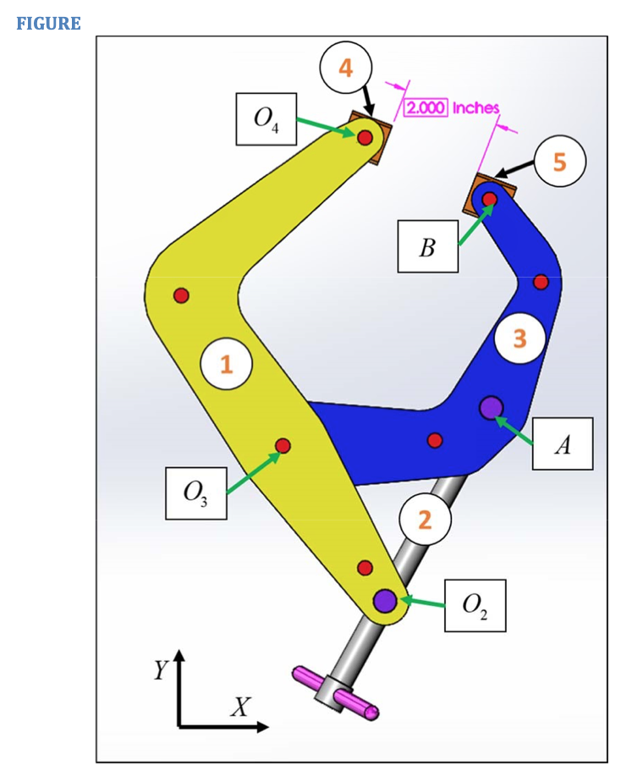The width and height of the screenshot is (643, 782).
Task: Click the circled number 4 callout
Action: point(346,67)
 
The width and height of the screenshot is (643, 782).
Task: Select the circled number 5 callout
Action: point(559,161)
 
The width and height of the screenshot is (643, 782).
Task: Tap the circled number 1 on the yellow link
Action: point(226,365)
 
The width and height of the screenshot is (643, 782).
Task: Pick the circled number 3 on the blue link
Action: point(519,339)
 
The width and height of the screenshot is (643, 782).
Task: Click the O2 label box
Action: point(475,605)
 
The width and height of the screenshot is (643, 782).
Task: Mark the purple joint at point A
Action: point(491,408)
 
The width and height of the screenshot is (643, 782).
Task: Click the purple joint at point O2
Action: point(385,600)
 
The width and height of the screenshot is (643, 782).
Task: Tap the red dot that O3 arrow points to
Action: point(283,445)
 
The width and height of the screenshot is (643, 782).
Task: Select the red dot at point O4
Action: point(365,137)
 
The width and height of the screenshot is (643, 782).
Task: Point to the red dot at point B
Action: point(489,199)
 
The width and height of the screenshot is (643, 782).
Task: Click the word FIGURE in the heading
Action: point(48,24)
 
